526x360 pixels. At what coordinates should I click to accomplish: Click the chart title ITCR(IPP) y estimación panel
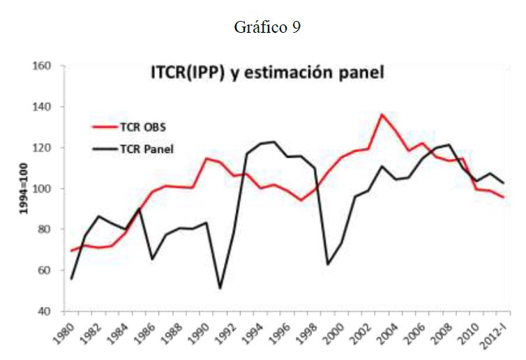268,73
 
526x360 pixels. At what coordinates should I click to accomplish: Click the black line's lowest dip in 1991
220,288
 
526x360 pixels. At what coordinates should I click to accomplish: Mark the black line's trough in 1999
328,264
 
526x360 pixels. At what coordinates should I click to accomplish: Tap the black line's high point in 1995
274,142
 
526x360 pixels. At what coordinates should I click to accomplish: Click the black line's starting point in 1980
72,278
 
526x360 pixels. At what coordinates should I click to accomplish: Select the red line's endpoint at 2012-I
502,197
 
